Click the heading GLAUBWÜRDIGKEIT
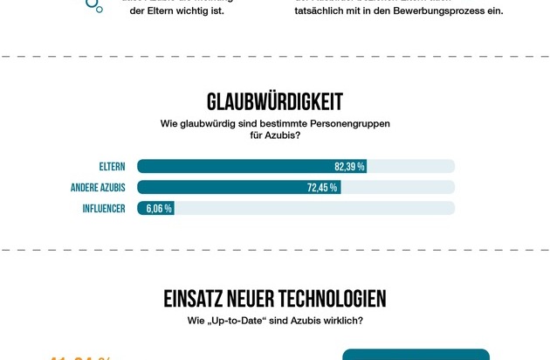[274, 101]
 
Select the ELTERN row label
[113, 166]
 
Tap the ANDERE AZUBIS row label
[98, 187]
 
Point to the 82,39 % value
[349, 166]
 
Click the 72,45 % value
[322, 187]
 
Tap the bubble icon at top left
[93, 5]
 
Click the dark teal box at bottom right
[416, 355]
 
